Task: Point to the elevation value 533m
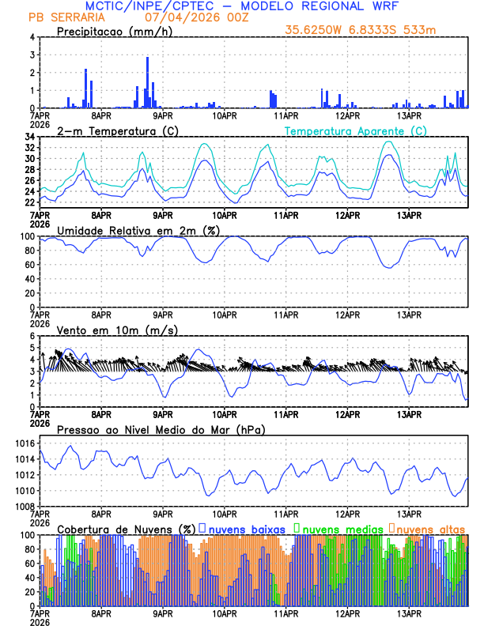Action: pos(422,30)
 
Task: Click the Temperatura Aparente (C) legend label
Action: pos(356,130)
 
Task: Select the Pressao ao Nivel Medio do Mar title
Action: pos(161,429)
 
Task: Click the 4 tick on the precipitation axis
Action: pos(32,37)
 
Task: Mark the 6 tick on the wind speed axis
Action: pos(32,336)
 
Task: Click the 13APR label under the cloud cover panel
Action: pos(409,613)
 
